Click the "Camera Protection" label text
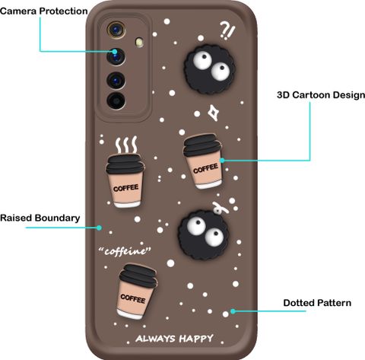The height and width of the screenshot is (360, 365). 44,11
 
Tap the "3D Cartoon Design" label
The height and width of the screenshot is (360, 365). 321,95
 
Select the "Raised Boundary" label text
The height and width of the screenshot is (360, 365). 40,218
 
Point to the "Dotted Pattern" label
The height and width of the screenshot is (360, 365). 317,303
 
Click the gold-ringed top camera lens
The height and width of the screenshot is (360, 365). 116,30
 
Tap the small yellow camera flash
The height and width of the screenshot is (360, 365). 139,42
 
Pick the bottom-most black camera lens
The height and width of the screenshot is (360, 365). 116,100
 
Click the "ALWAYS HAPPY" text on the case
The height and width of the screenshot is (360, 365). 174,339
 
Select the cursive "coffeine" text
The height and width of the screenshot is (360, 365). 125,251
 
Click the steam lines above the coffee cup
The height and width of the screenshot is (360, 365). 126,145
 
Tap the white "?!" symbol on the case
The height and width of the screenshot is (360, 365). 227,30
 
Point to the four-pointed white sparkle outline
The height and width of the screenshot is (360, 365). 214,113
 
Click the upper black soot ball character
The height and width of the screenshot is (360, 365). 209,69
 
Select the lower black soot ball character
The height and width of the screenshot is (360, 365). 203,234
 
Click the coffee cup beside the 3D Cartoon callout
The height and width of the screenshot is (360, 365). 203,161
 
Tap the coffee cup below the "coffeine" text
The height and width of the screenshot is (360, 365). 136,292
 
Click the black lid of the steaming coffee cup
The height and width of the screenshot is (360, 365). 125,164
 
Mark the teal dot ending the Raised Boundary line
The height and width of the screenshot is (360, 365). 100,228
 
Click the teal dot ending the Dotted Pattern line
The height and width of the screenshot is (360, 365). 233,311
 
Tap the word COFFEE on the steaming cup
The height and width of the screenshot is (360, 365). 126,188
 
